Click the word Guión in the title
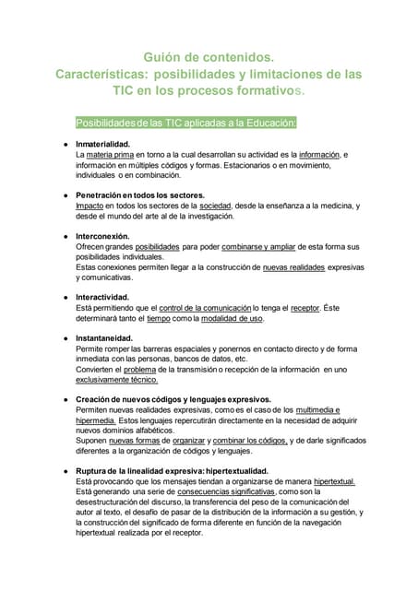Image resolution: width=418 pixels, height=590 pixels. click(166, 57)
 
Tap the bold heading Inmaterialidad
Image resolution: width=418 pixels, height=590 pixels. click(102, 145)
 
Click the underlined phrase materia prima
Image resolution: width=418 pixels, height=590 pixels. click(123, 155)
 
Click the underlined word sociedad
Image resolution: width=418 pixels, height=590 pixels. click(215, 206)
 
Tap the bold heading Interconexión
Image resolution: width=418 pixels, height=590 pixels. click(102, 236)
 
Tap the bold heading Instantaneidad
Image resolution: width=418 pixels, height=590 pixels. click(104, 338)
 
